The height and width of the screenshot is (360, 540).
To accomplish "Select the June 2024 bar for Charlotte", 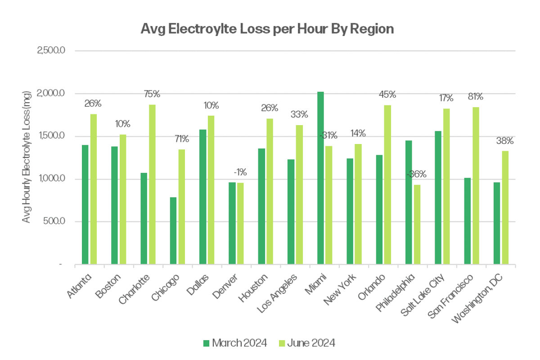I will point(153,184).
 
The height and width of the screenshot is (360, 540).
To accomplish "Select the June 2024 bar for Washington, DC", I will point(505,207).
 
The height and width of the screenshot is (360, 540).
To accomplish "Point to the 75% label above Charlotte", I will point(152,94).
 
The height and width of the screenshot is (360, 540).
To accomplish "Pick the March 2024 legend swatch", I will point(207,343).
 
